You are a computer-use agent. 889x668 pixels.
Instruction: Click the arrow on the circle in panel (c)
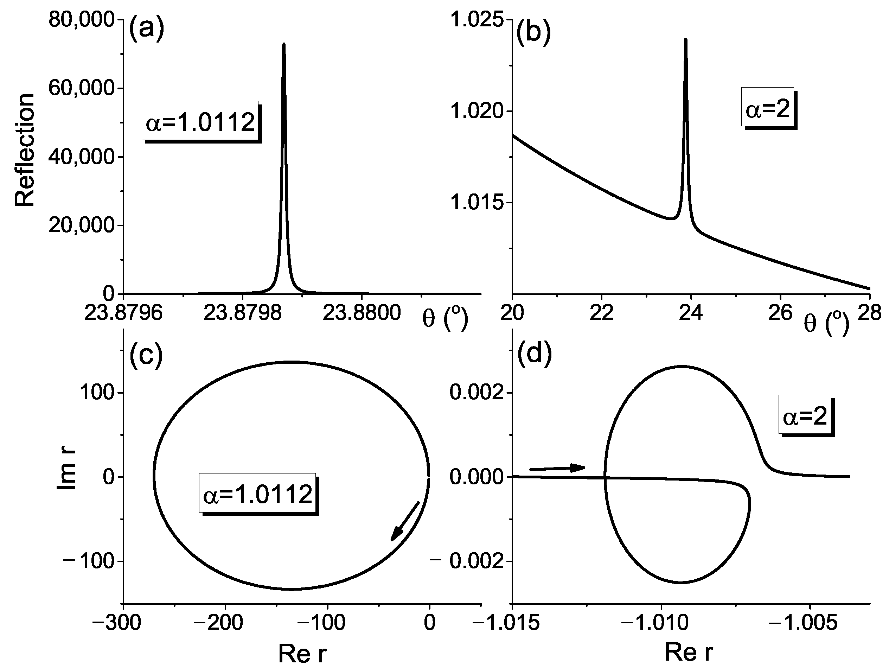(405, 521)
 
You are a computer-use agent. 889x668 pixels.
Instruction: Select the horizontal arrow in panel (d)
(557, 468)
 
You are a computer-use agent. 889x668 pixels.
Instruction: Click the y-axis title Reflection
(25, 150)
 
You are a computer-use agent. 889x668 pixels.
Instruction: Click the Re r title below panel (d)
(689, 652)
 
